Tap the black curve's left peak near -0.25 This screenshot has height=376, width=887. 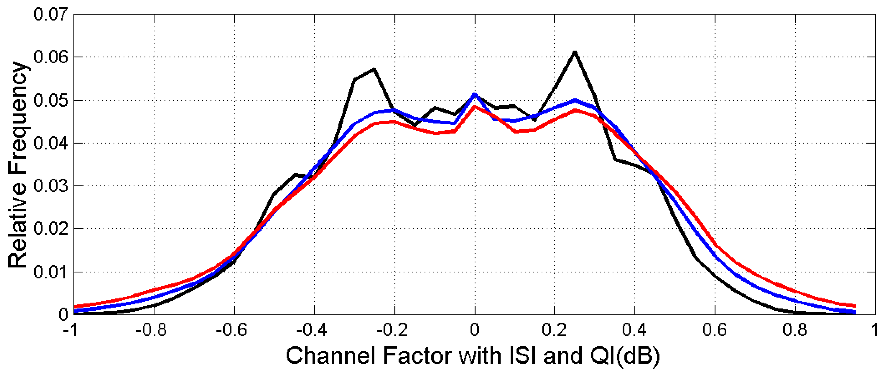tap(374, 70)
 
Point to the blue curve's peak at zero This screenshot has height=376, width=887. tap(475, 94)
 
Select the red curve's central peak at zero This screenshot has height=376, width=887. tap(475, 107)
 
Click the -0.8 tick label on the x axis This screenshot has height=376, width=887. tap(151, 330)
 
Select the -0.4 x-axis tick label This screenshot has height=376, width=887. tap(312, 330)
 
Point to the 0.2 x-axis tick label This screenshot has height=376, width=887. tap(554, 330)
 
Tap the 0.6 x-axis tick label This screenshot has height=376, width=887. tap(715, 330)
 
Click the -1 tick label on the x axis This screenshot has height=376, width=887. tap(71, 330)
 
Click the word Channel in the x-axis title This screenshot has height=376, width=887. tap(330, 356)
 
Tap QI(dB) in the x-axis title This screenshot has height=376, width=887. tap(625, 356)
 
